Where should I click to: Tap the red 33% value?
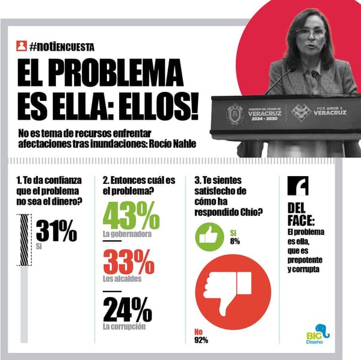[x=129, y=263]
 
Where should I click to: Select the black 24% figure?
[x=128, y=310]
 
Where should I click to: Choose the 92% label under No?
[x=201, y=340]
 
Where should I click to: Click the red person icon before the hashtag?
[x=22, y=46]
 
